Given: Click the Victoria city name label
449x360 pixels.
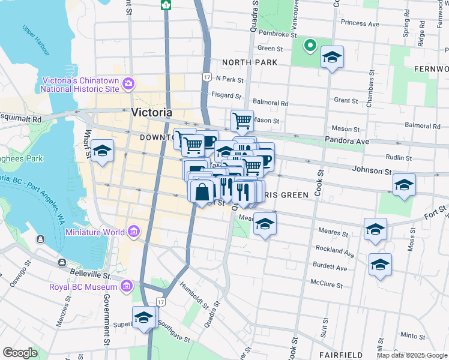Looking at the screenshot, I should (x=152, y=112).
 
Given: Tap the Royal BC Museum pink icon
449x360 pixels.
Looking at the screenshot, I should (x=126, y=288).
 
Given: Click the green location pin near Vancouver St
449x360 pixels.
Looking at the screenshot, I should (x=310, y=45).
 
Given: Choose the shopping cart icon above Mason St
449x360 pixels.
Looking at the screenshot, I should (x=242, y=121).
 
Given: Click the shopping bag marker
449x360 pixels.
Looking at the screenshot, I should (x=203, y=191).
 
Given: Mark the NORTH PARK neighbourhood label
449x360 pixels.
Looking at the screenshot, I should (x=249, y=62).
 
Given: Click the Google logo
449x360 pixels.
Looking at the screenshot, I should (x=20, y=353).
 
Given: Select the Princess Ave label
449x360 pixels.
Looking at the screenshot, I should (x=360, y=23).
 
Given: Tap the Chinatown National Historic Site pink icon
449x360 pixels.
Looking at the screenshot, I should (x=127, y=83).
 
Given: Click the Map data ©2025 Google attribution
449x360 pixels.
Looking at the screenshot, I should (x=411, y=355).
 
